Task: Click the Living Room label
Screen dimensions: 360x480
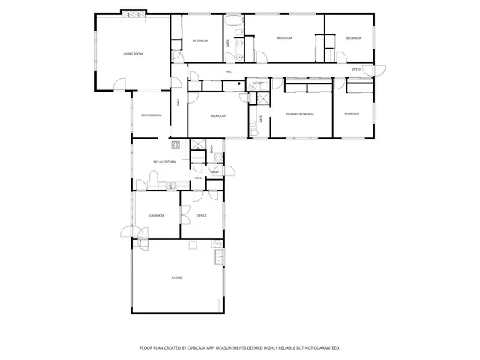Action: click(x=133, y=54)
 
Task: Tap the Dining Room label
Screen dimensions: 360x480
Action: click(x=151, y=115)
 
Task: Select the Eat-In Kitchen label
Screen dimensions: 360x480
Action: click(x=164, y=162)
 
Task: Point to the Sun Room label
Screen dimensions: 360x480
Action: click(x=155, y=215)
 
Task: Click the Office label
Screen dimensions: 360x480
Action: click(x=202, y=215)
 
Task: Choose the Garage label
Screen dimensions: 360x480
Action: click(x=177, y=277)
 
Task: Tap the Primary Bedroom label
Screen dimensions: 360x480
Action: click(x=300, y=114)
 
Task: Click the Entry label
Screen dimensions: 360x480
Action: click(x=356, y=70)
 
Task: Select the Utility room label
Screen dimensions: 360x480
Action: click(x=257, y=82)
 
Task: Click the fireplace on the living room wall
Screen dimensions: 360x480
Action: click(x=133, y=13)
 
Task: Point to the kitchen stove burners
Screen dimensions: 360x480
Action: click(x=176, y=145)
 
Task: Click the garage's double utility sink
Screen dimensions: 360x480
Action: click(x=218, y=259)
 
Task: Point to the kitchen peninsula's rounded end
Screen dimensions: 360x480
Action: click(x=154, y=176)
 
